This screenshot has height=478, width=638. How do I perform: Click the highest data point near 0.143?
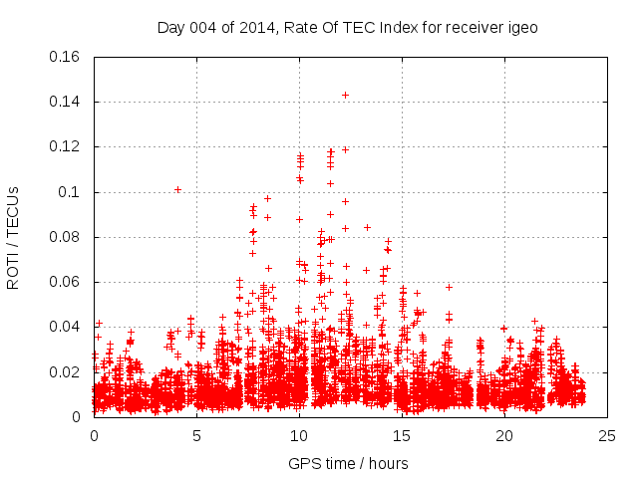click(345, 95)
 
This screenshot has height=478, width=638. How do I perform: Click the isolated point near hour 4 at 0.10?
click(177, 189)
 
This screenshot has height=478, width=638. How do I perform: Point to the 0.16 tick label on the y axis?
click(65, 57)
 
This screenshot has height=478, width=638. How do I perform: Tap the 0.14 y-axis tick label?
click(65, 102)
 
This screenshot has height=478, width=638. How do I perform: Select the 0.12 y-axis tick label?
click(65, 146)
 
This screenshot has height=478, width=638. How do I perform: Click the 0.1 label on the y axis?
click(72, 192)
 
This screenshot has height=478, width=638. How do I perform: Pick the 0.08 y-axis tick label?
click(65, 237)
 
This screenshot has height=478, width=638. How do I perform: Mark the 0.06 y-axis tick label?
click(65, 282)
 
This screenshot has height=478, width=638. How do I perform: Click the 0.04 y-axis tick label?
click(65, 327)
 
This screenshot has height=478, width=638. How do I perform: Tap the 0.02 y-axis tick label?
click(65, 372)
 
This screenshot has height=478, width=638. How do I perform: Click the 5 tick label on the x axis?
click(196, 435)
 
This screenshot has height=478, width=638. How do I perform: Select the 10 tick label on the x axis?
click(299, 435)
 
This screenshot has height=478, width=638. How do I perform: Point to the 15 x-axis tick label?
click(402, 435)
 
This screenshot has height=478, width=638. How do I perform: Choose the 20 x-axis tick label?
click(504, 435)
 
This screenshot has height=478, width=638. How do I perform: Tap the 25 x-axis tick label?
click(607, 435)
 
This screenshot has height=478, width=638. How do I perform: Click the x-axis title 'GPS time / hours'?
click(348, 463)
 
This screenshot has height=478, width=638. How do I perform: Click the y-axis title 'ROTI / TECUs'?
click(14, 237)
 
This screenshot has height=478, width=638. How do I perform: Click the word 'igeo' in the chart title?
click(523, 28)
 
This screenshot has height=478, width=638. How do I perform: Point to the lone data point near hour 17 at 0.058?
click(449, 287)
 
